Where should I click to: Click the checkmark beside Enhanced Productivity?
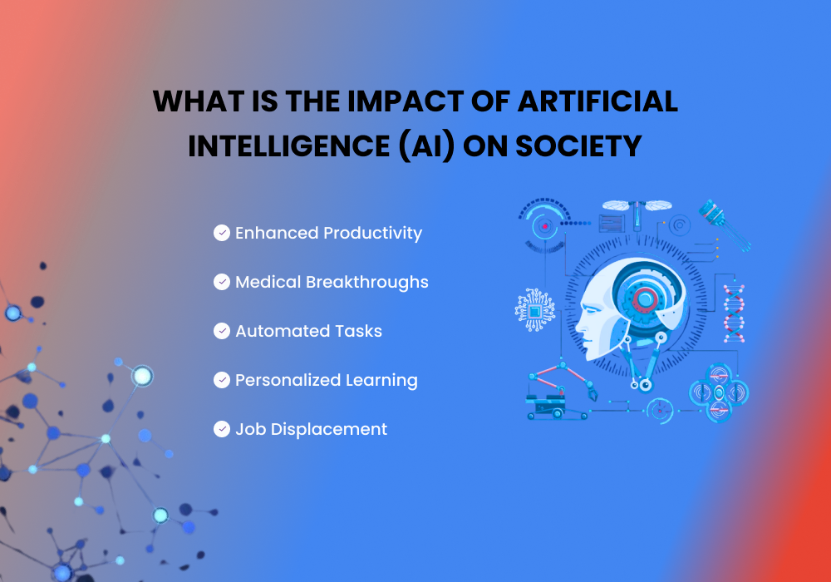pyautogui.click(x=222, y=233)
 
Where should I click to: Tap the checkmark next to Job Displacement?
pyautogui.click(x=222, y=429)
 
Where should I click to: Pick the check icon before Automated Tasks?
pyautogui.click(x=222, y=331)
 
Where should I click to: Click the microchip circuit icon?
pyautogui.click(x=534, y=310)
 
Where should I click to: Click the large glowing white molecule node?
pyautogui.click(x=142, y=376)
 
